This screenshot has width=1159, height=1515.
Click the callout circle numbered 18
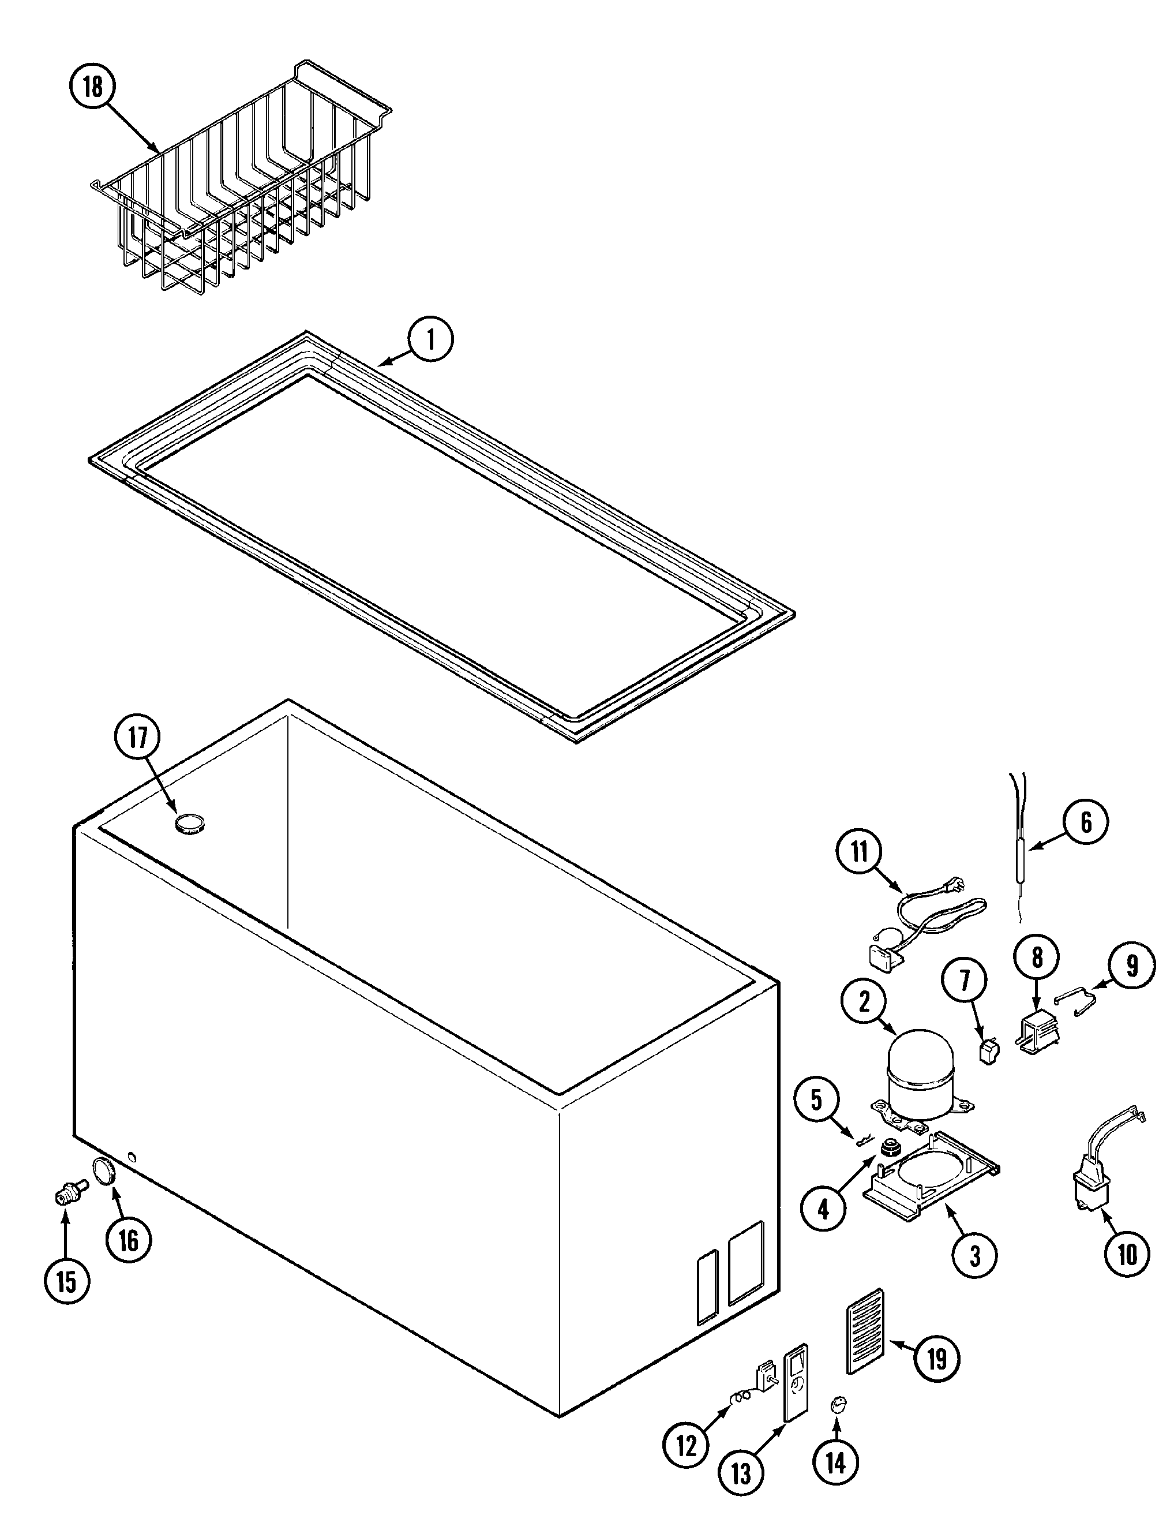click(92, 87)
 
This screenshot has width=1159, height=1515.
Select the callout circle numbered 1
click(430, 339)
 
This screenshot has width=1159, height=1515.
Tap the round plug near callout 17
click(190, 824)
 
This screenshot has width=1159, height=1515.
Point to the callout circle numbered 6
click(1086, 822)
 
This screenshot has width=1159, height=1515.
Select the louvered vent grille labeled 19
click(863, 1331)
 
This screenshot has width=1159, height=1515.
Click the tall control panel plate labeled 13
click(796, 1382)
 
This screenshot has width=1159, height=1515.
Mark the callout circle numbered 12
click(687, 1445)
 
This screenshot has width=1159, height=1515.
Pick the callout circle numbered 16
click(129, 1240)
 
